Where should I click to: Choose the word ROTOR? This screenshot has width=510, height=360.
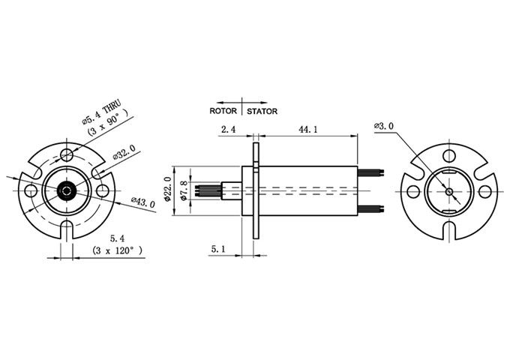(223, 111)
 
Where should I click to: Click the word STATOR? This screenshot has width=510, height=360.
(262, 111)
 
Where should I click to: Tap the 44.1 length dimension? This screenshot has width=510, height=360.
(308, 129)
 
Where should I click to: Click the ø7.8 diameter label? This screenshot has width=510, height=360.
(183, 189)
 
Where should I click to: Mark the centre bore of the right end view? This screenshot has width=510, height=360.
(448, 190)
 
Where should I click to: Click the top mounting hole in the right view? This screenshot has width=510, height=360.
(448, 156)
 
